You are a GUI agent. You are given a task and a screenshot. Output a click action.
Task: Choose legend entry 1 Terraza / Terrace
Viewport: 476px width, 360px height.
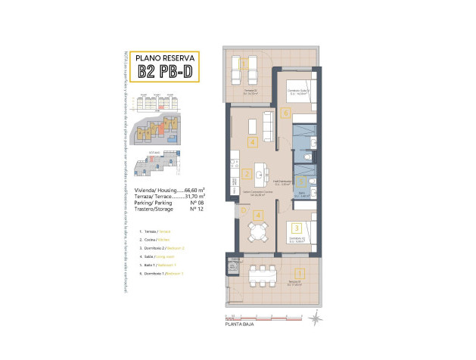tap(156, 230)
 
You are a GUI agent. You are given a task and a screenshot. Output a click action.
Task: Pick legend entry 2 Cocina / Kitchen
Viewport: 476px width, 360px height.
tap(155, 239)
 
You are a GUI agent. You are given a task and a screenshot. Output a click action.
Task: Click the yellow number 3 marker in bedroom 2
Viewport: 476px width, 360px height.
tap(297, 227)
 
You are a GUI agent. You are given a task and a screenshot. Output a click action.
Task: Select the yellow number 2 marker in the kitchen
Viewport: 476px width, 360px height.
tap(248, 174)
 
